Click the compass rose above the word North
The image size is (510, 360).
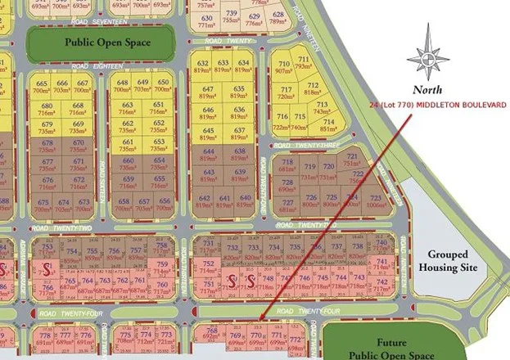tap(428, 56)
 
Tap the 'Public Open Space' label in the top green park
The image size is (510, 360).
tap(101, 40)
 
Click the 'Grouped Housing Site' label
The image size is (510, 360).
tap(448, 261)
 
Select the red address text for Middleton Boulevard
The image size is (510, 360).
tap(438, 106)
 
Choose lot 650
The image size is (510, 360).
tap(163, 86)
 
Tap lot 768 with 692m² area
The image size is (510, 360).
tap(211, 333)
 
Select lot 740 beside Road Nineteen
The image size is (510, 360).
tap(382, 247)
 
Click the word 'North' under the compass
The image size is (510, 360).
tap(428, 89)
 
